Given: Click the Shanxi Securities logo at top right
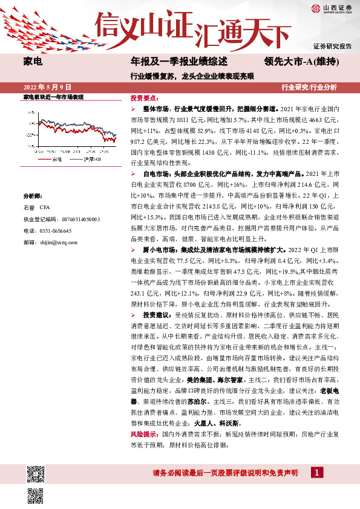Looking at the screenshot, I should click(331, 8).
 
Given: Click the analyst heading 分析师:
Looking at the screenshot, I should click(33, 196).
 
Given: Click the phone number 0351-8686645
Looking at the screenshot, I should click(54, 231).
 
